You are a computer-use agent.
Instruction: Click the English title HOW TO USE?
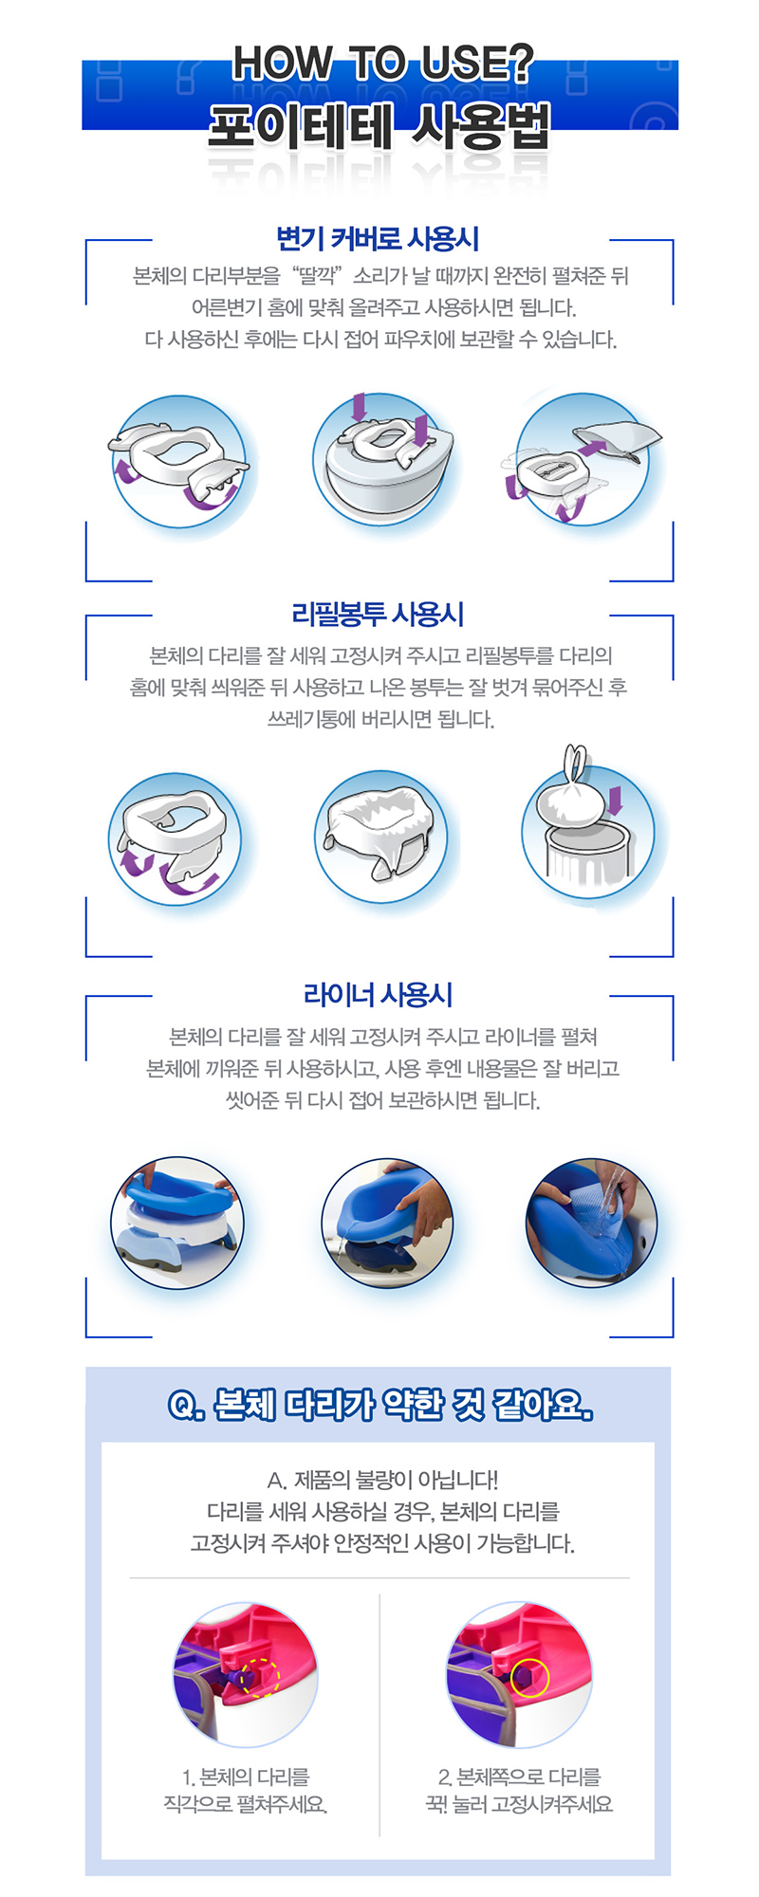[382, 64]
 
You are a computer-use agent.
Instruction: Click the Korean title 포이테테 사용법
[379, 126]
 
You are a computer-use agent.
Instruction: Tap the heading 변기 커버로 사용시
[378, 238]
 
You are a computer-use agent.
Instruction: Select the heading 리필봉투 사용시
[378, 614]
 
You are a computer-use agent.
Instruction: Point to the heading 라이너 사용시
[378, 994]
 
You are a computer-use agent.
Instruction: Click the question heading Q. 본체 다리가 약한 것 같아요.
[379, 1404]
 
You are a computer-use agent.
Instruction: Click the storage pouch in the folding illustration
[618, 439]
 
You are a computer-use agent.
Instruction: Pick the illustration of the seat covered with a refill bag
[380, 837]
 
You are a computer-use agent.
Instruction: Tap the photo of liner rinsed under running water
[591, 1223]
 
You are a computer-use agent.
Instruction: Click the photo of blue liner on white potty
[177, 1223]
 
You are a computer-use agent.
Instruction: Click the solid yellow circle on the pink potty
[529, 1678]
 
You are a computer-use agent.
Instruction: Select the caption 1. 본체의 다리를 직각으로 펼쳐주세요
[246, 1790]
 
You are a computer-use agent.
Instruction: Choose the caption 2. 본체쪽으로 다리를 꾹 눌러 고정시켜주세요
[519, 1790]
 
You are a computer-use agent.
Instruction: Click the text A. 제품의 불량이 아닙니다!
[382, 1480]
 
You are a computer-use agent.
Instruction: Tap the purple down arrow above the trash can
[616, 800]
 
